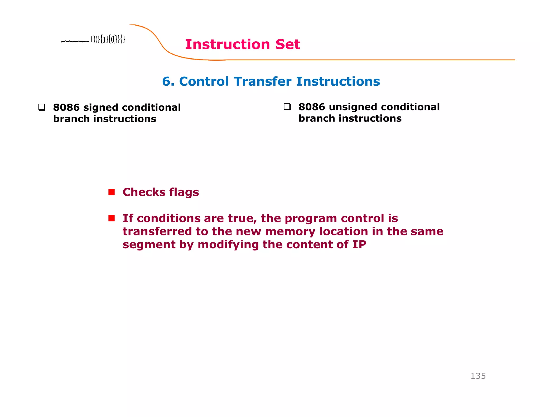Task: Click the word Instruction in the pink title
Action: pyautogui.click(x=227, y=44)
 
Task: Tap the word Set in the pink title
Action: pyautogui.click(x=288, y=44)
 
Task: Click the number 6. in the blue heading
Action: pyautogui.click(x=168, y=81)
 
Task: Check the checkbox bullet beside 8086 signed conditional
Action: pyautogui.click(x=42, y=107)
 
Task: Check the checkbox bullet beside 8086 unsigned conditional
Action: pyautogui.click(x=287, y=107)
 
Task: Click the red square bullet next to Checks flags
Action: pyautogui.click(x=112, y=192)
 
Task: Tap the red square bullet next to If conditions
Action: pyautogui.click(x=112, y=218)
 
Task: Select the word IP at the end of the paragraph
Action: pyautogui.click(x=359, y=244)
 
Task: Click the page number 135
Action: pyautogui.click(x=478, y=376)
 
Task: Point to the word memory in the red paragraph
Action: pyautogui.click(x=290, y=231)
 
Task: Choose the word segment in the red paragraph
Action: pyautogui.click(x=149, y=245)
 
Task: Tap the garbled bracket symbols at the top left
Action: pyautogui.click(x=108, y=40)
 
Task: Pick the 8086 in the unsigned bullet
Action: pyautogui.click(x=312, y=107)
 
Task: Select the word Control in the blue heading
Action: pyautogui.click(x=204, y=81)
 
